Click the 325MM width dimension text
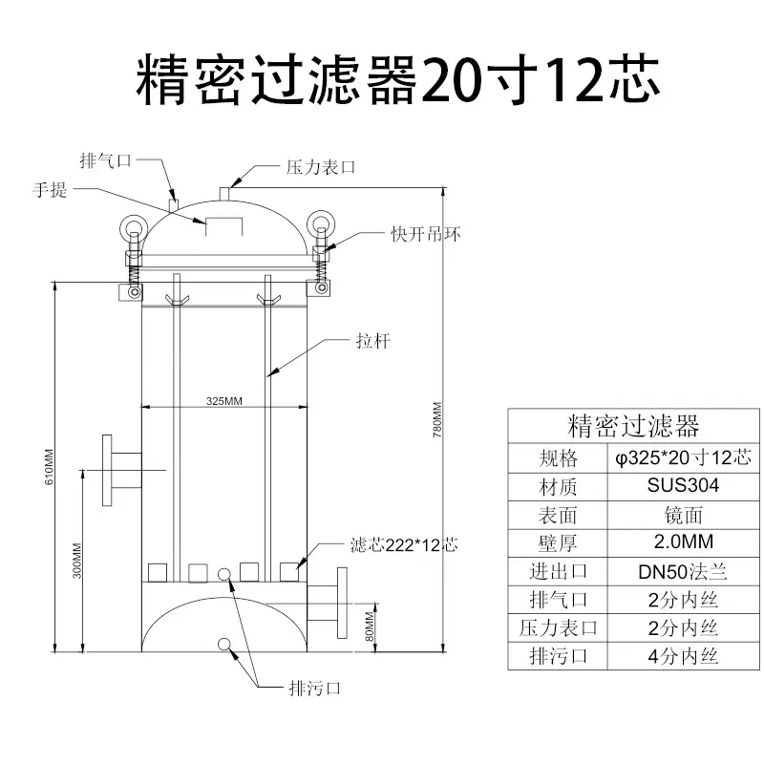pyautogui.click(x=224, y=401)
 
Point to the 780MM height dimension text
pyautogui.click(x=437, y=419)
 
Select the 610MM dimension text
pyautogui.click(x=50, y=467)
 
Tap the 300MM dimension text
pyautogui.click(x=77, y=561)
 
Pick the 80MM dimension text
pyautogui.click(x=370, y=626)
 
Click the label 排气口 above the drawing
pyautogui.click(x=106, y=160)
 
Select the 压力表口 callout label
pyautogui.click(x=321, y=168)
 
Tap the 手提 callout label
pyautogui.click(x=50, y=189)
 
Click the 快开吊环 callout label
pyautogui.click(x=426, y=234)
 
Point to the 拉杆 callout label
pyautogui.click(x=373, y=341)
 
